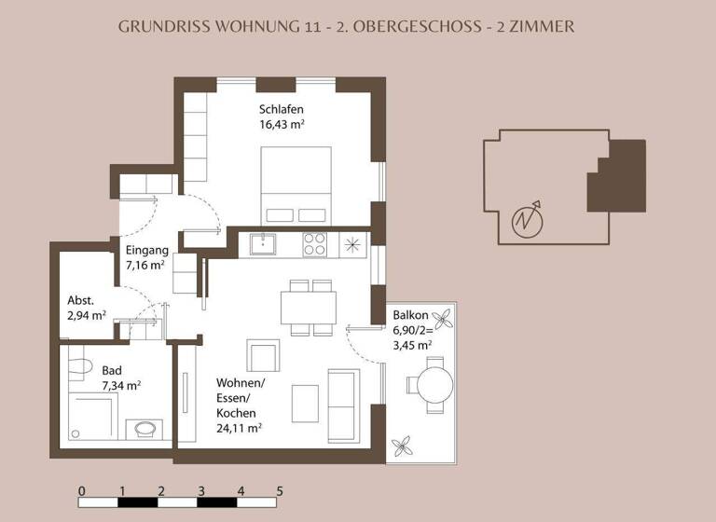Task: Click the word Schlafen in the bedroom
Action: point(282,109)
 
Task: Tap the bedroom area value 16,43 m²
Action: point(283,123)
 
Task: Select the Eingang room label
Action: point(146,250)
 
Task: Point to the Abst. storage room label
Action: point(81,300)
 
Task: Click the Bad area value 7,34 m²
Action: point(121,384)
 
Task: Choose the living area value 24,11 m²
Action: point(239,428)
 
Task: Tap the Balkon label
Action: point(410,315)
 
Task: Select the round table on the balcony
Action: point(434,383)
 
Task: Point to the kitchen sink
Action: point(265,245)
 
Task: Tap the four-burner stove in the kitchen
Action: point(314,244)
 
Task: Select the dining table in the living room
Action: point(309,307)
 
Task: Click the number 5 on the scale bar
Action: point(280,490)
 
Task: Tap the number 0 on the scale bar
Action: point(82,490)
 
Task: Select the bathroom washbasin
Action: point(144,430)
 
